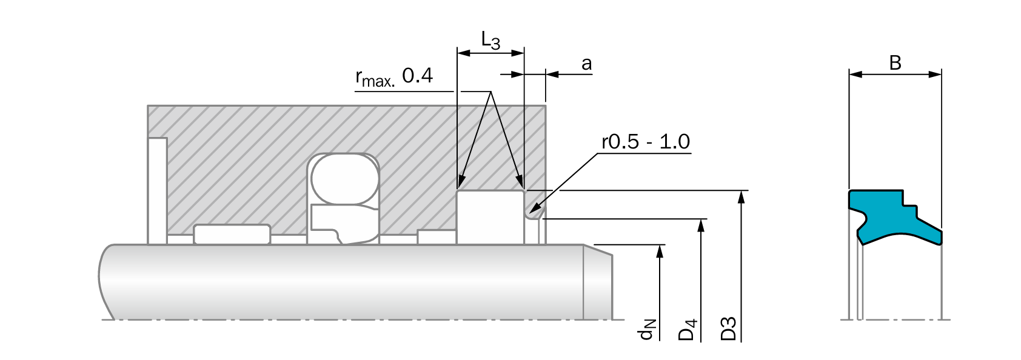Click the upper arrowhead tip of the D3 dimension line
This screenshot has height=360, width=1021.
[741, 191]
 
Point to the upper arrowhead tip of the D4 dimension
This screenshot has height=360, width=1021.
[701, 219]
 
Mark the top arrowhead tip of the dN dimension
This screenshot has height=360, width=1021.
[660, 245]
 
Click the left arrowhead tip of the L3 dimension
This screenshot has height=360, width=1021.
[458, 53]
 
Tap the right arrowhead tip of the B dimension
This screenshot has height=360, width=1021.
[941, 75]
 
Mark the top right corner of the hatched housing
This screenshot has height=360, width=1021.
[545, 106]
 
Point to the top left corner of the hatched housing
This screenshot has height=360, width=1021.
[148, 106]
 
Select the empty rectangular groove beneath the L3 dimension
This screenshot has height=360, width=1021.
[490, 217]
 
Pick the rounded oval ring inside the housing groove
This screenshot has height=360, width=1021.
[344, 179]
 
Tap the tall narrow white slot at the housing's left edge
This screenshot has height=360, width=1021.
[158, 190]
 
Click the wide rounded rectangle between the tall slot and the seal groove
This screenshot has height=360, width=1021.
[232, 234]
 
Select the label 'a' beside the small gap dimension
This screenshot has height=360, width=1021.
[587, 64]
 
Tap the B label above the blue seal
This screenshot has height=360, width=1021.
[895, 63]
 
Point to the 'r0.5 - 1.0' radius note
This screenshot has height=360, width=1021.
[646, 142]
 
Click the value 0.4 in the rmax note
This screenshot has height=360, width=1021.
[418, 75]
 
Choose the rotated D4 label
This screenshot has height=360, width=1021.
[688, 330]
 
